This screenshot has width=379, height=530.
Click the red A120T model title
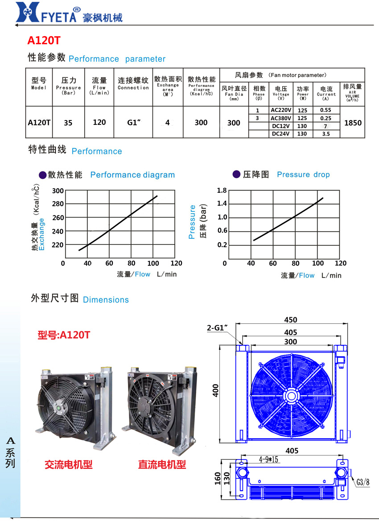[x=44, y=41]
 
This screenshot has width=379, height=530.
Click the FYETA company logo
[x=69, y=12]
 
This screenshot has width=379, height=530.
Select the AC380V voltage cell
[x=281, y=118]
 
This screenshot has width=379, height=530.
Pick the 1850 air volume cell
[x=353, y=123]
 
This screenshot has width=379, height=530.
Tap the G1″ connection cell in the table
[x=133, y=122]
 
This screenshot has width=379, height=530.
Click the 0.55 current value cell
[x=325, y=110]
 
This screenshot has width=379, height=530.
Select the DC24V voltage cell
[x=281, y=134]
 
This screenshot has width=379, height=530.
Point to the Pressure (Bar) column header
[x=69, y=86]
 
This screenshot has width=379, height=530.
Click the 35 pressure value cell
[x=68, y=123]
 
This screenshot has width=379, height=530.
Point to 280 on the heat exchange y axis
[x=58, y=204]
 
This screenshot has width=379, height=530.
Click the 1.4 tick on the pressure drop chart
[x=222, y=203]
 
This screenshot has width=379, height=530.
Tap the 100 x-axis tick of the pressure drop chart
[x=318, y=263]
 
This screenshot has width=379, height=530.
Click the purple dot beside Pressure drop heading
[x=236, y=174]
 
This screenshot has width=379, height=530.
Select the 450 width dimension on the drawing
[x=291, y=320]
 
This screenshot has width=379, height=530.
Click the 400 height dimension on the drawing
[x=215, y=390]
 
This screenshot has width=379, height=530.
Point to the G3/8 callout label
[x=363, y=482]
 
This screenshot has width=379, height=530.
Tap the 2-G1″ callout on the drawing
[x=217, y=328]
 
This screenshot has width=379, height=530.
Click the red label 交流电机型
[x=69, y=465]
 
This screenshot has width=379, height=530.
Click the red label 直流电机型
[x=162, y=465]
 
